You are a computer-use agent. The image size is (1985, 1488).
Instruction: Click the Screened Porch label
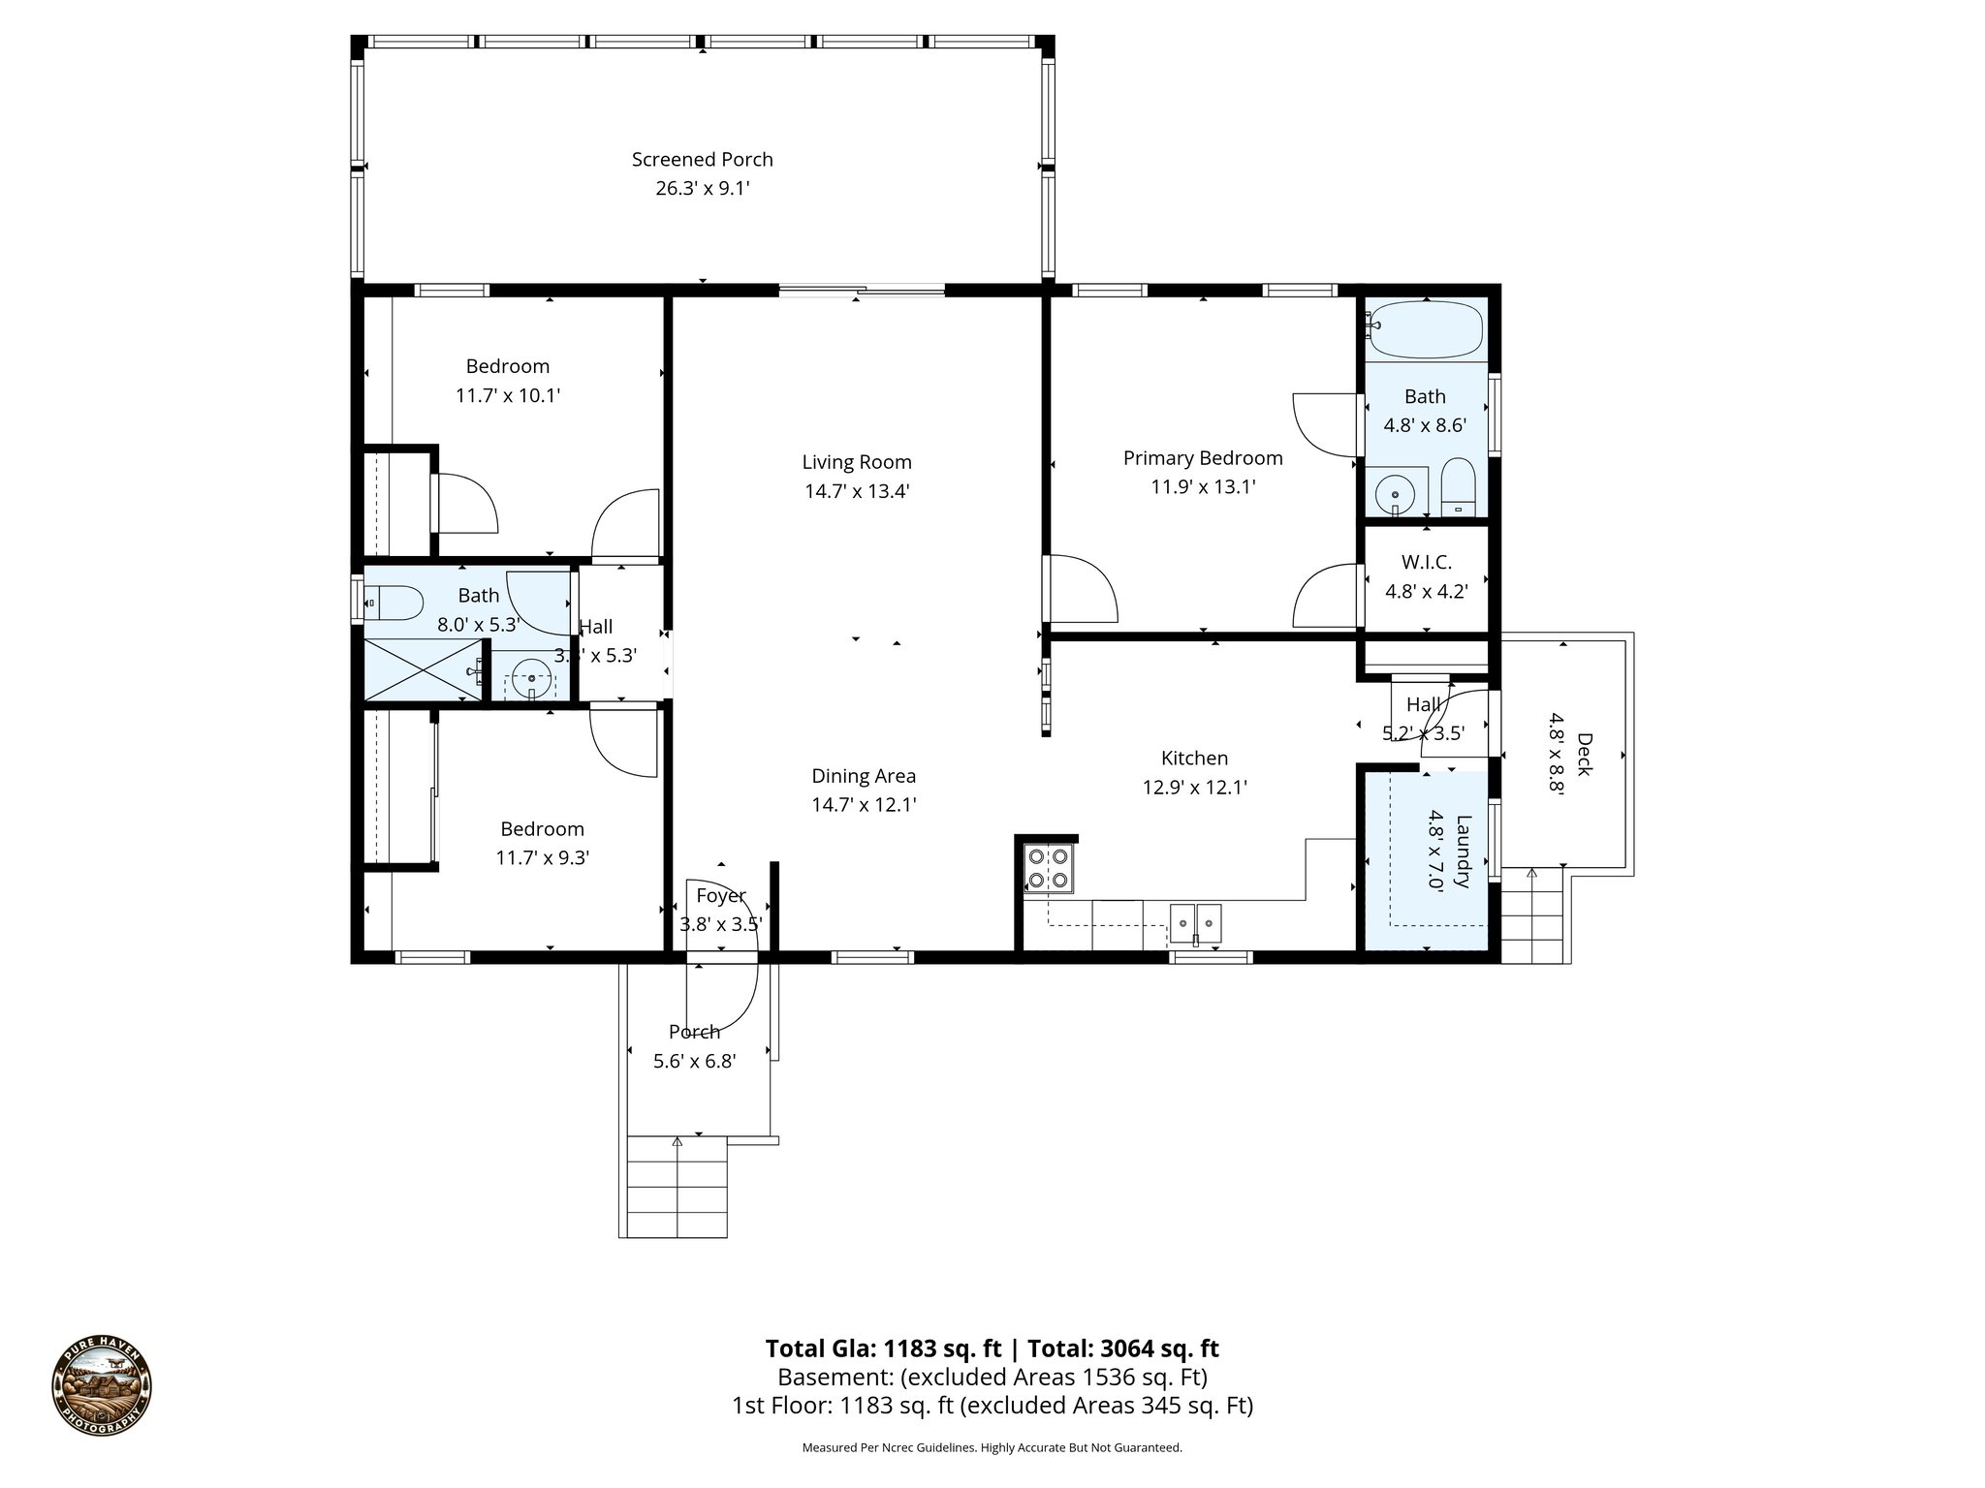(702, 160)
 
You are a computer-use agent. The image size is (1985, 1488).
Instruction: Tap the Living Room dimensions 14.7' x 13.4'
(856, 491)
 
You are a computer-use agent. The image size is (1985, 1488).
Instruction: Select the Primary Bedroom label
(1202, 458)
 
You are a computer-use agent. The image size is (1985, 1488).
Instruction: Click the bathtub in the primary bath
(1424, 329)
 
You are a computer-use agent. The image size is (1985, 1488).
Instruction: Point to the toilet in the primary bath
(1458, 487)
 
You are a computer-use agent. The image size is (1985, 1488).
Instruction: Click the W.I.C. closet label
(1426, 562)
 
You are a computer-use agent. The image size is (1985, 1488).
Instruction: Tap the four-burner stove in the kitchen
(1049, 868)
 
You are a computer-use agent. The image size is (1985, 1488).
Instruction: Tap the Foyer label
(720, 896)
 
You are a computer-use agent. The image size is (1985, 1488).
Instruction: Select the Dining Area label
(863, 776)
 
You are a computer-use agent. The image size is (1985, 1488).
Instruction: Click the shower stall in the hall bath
(422, 668)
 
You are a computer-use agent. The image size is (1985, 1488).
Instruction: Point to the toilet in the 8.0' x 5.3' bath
(394, 604)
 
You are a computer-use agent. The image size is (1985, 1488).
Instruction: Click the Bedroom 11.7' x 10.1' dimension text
(507, 395)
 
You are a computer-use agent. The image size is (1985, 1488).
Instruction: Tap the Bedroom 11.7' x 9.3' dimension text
(542, 858)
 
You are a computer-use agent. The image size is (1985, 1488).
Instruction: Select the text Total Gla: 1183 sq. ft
(883, 1348)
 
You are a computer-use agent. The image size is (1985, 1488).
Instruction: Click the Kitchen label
(1194, 759)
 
